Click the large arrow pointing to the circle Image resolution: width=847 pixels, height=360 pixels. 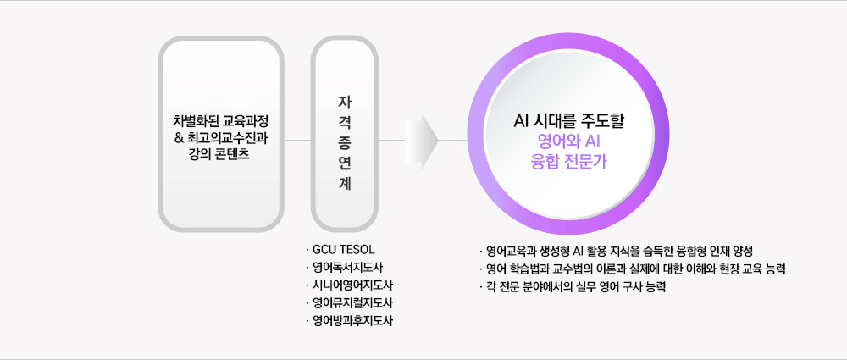click(422, 139)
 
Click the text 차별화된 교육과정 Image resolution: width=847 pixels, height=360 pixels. click(220, 119)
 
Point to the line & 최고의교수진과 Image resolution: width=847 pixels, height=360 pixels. click(220, 137)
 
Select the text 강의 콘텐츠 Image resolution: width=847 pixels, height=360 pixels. click(219, 155)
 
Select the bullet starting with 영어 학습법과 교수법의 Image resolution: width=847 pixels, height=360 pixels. click(635, 269)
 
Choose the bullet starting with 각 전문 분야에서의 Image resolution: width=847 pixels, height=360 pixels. click(576, 287)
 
